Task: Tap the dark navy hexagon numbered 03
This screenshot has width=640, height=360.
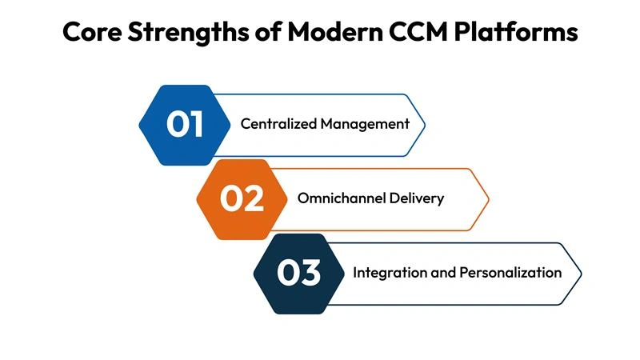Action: [x=299, y=272]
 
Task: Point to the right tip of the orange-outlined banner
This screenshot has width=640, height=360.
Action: [x=488, y=198]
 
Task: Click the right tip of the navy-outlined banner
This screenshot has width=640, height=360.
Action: [x=581, y=272]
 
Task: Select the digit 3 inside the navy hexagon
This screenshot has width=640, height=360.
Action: [x=311, y=272]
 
